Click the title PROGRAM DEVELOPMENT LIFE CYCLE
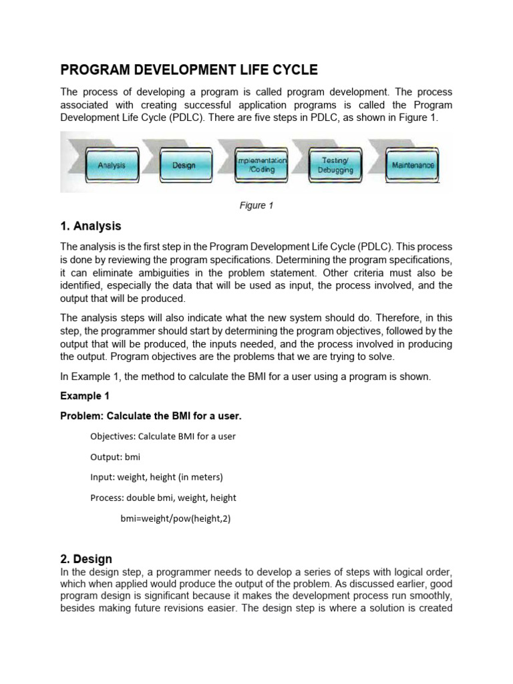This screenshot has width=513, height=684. point(189,70)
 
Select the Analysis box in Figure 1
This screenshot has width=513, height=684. point(112,165)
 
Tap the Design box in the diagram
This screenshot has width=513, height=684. point(184,165)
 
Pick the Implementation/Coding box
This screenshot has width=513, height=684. point(261,165)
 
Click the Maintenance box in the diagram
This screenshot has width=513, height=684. point(413,165)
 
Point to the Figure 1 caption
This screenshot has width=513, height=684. point(256,206)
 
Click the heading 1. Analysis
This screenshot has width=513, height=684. point(91,226)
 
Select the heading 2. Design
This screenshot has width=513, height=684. point(86,558)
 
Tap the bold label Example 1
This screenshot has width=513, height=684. point(85,396)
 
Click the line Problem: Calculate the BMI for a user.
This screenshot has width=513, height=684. point(151,416)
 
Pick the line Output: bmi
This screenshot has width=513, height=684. point(116,457)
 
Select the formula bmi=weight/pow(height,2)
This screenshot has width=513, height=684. point(176,518)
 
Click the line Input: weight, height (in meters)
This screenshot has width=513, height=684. point(156,477)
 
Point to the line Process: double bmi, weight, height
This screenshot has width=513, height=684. point(163,498)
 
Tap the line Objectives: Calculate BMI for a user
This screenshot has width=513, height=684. point(163,436)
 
